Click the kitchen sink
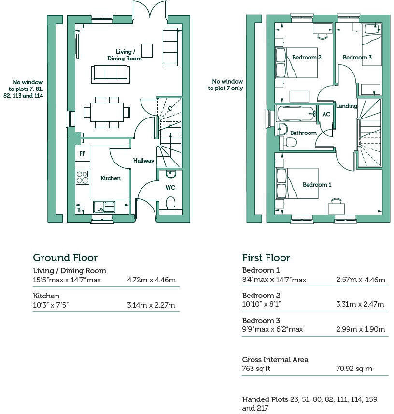(104, 207)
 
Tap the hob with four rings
(82, 177)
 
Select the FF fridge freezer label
(82, 154)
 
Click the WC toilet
(170, 202)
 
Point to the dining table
(107, 112)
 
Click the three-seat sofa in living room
(111, 74)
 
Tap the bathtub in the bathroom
(296, 114)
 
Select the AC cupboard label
(326, 114)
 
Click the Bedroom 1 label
(317, 184)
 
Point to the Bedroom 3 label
(357, 57)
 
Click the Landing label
(346, 106)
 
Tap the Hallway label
(143, 161)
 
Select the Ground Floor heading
(65, 258)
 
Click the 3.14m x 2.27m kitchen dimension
(151, 305)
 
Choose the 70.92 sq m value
(354, 369)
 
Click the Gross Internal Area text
(275, 360)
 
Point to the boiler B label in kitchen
(79, 210)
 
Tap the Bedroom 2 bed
(296, 63)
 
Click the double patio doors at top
(150, 11)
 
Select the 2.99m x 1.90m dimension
(360, 329)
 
